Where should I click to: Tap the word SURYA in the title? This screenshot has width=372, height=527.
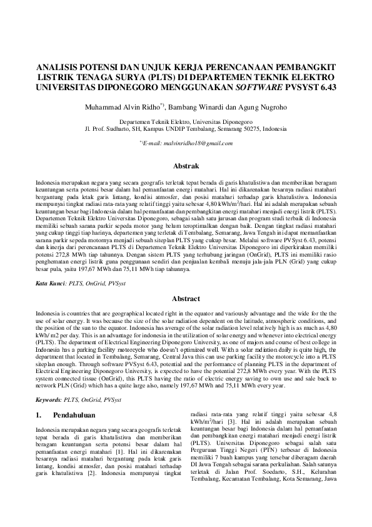109,76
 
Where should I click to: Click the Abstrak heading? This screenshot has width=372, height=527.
186,166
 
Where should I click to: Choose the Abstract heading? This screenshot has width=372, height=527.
186,299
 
